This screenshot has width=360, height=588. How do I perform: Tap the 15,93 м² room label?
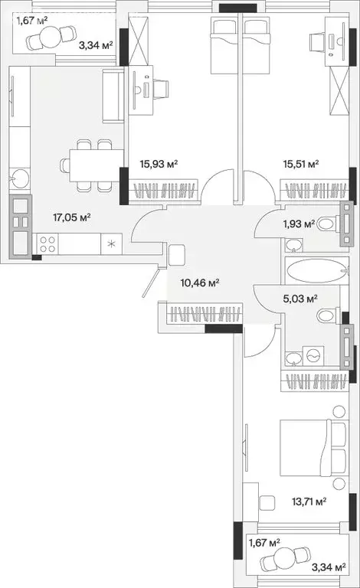(159, 163)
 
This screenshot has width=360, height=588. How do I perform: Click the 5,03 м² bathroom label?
(300, 299)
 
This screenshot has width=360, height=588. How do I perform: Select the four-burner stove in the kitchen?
(47, 245)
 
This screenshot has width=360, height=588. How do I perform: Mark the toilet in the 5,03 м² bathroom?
(327, 314)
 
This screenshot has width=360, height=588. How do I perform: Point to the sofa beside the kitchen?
(113, 96)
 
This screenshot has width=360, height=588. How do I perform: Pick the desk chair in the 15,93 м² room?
(162, 87)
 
